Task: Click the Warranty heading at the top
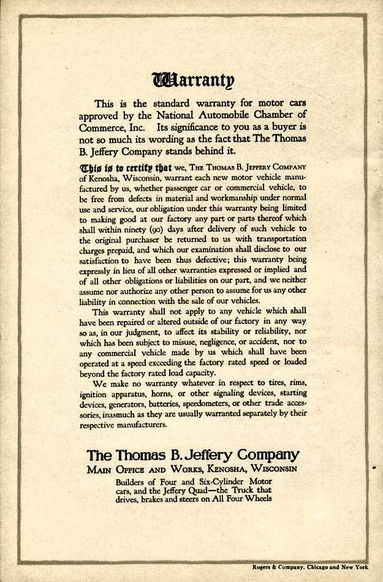tap(192, 80)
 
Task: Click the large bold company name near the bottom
tap(192, 456)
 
